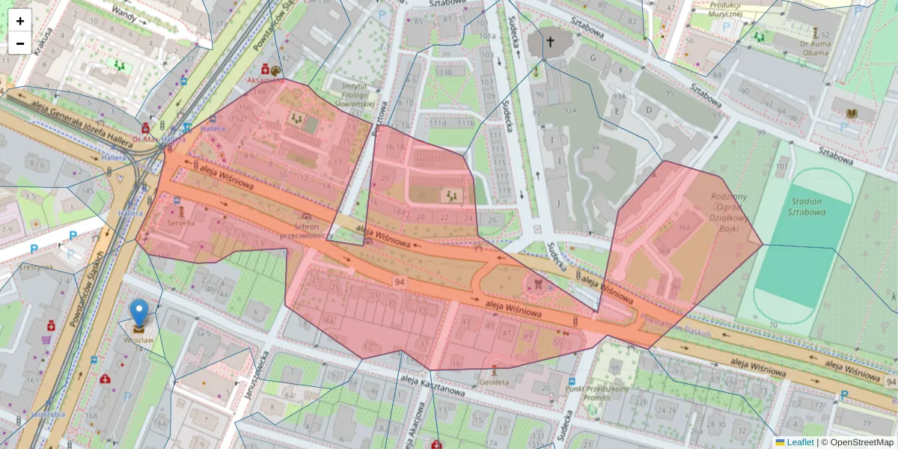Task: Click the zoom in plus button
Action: tap(20, 21)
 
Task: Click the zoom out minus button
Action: tap(20, 43)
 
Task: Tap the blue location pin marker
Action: tap(139, 313)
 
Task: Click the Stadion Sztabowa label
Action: tap(805, 207)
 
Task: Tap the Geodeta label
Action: tap(495, 382)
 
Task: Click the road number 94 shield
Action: tap(399, 281)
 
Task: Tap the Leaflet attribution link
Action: tap(799, 442)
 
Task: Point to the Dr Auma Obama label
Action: tap(816, 47)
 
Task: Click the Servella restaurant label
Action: tap(181, 222)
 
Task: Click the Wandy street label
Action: tap(123, 13)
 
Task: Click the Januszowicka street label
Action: tap(253, 374)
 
